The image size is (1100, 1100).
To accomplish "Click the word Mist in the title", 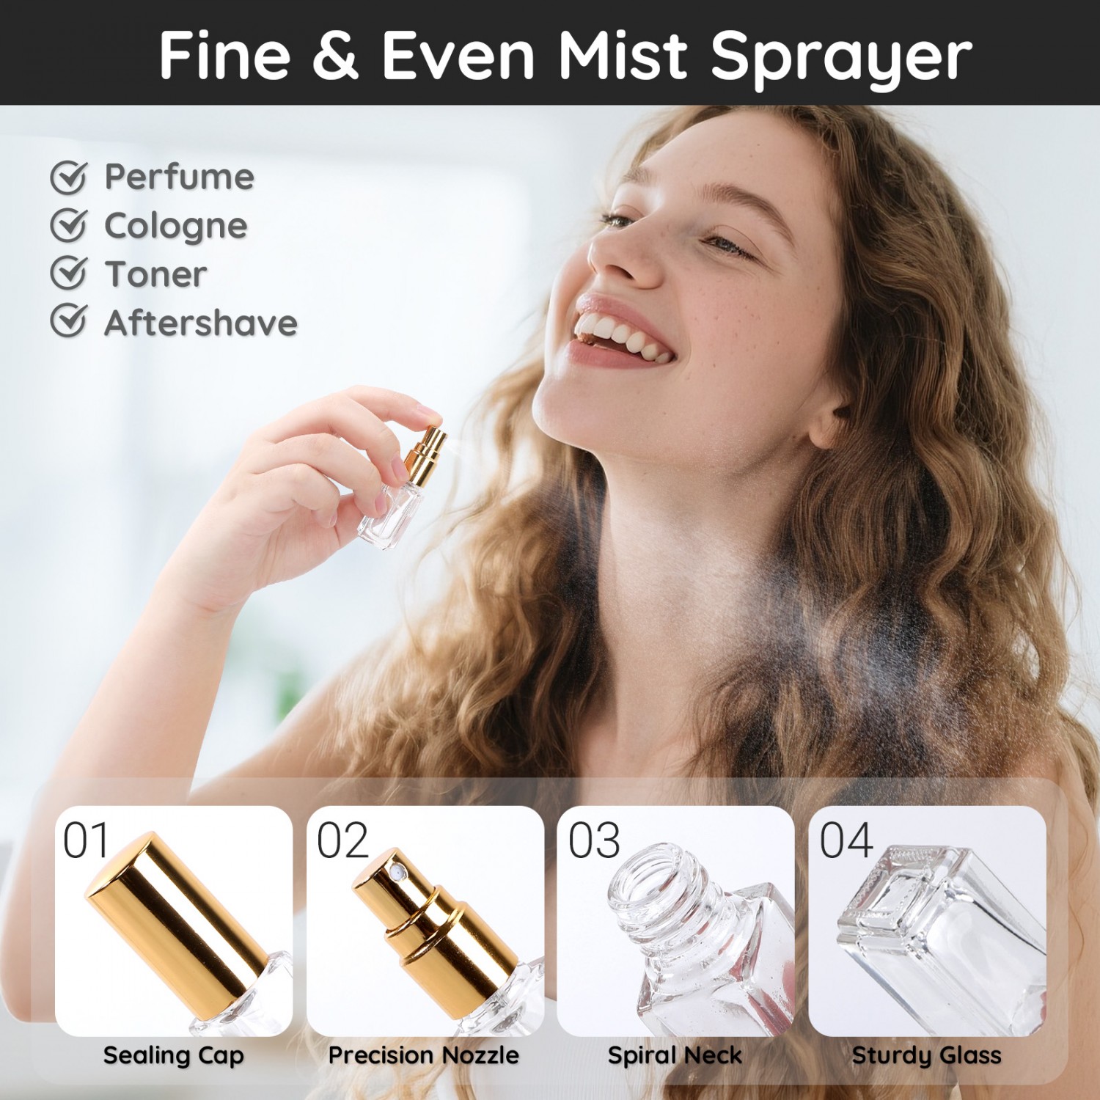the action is tap(623, 55).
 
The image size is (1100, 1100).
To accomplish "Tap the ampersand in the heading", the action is tap(335, 55).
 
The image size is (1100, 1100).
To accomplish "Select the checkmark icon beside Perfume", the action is tap(69, 177).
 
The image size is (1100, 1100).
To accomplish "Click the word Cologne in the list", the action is tap(175, 227).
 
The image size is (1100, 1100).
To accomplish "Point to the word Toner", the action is tap(155, 274).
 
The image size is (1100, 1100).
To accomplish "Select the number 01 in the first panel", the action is tap(86, 840).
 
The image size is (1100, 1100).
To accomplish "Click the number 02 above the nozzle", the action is tap(342, 840).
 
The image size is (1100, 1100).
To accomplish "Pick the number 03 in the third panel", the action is tap(594, 840).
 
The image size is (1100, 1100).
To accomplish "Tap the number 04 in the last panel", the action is tap(846, 840).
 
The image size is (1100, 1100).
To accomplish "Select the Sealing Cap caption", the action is tap(174, 1056).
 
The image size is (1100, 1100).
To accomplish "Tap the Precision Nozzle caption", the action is tap(424, 1055).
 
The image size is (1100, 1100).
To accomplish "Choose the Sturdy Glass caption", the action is tap(927, 1056).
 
